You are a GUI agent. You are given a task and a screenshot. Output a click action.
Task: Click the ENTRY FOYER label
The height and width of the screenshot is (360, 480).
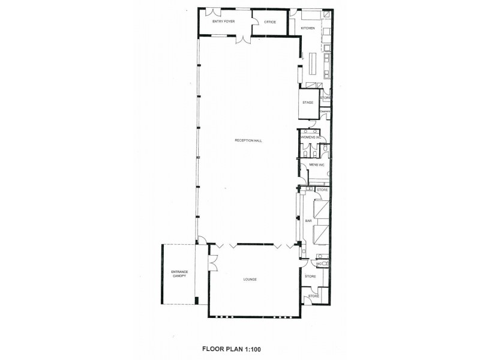pyautogui.click(x=223, y=22)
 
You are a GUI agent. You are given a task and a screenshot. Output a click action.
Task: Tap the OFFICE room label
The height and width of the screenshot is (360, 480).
pyautogui.click(x=270, y=22)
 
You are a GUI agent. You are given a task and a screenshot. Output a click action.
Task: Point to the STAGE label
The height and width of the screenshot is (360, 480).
pyautogui.click(x=308, y=103)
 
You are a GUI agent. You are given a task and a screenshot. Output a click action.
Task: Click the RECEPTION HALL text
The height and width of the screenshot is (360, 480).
pyautogui.click(x=249, y=141)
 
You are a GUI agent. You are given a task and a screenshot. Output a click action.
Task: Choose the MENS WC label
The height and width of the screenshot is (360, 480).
pyautogui.click(x=316, y=164)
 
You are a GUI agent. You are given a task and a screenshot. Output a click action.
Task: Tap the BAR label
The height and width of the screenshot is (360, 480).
pyautogui.click(x=308, y=221)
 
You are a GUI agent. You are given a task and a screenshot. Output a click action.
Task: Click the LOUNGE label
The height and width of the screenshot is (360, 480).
pyautogui.click(x=251, y=279)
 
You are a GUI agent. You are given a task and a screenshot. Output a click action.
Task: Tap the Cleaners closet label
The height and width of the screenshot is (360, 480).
pyautogui.click(x=325, y=110)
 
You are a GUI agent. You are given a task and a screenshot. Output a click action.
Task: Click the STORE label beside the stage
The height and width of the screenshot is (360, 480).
pyautogui.click(x=325, y=97)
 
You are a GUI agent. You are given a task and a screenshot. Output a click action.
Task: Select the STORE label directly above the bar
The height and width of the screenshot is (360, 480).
pyautogui.click(x=322, y=190)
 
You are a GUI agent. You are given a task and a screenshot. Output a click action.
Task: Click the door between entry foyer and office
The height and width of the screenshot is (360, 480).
pyautogui.click(x=253, y=22)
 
